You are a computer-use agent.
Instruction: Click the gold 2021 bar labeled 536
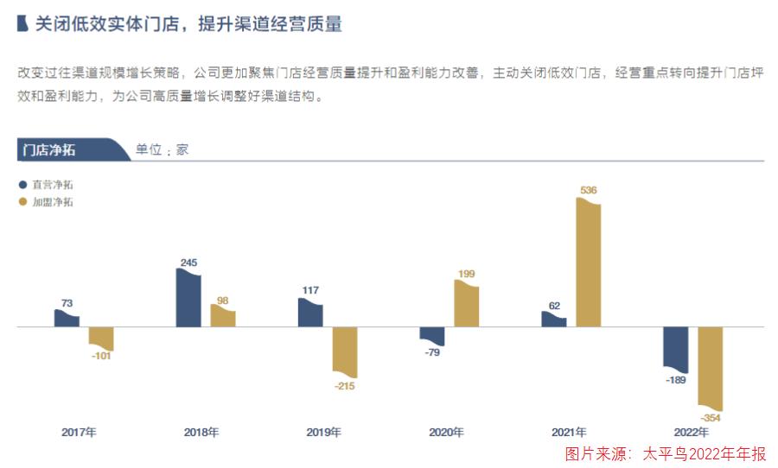[588, 263]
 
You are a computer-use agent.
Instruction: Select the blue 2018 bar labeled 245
[188, 299]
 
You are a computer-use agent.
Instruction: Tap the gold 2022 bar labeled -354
[710, 367]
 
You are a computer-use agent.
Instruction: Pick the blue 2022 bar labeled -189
[675, 348]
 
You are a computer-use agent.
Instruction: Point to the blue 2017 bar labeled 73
[67, 319]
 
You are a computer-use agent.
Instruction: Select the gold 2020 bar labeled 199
[466, 304]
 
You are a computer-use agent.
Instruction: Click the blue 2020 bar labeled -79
[431, 336]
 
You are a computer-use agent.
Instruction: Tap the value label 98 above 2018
[223, 300]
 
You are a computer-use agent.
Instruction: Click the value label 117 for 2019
[310, 290]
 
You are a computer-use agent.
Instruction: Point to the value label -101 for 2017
[102, 357]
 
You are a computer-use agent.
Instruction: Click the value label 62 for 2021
[553, 305]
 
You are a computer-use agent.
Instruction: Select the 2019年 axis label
[324, 432]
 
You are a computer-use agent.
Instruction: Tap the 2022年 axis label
[691, 432]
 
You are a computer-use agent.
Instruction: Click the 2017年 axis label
[79, 432]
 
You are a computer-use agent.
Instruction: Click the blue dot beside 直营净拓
[22, 184]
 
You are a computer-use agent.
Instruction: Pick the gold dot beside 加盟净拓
[22, 202]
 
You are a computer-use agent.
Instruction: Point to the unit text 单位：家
[162, 149]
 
